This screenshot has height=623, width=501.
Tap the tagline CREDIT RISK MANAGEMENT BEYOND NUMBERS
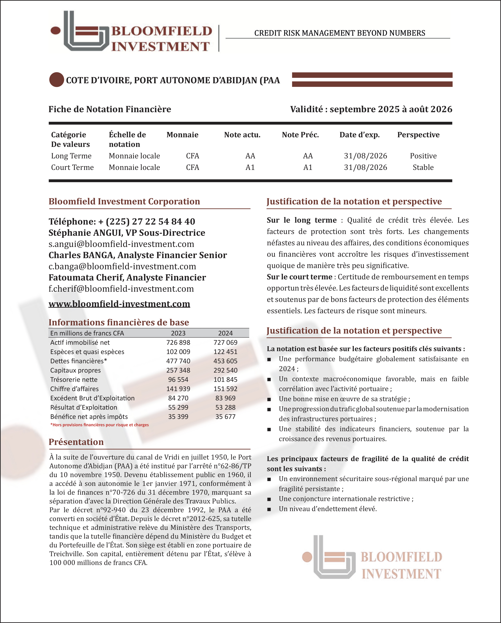coord(339,33)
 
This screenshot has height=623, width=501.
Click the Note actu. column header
coord(242,135)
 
